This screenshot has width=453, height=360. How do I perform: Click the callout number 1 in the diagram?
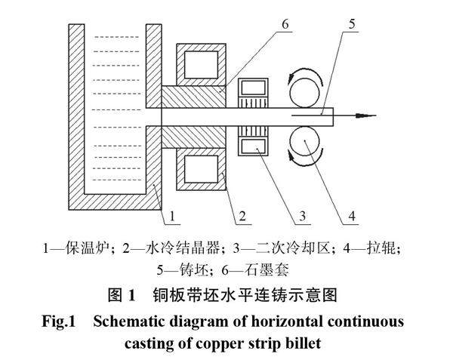(172, 217)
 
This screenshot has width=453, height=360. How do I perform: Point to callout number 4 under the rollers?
(352, 217)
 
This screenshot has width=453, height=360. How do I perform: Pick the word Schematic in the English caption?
(130, 321)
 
